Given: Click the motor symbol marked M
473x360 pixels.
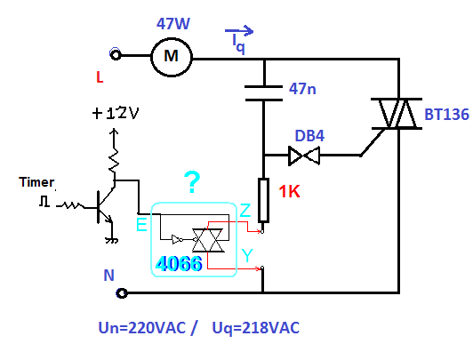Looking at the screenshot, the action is pos(172,57).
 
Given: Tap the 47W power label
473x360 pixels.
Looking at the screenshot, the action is pos(173,24).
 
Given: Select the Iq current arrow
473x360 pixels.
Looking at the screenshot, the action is pos(239,30).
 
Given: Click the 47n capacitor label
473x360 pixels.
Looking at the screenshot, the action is pos(302,89).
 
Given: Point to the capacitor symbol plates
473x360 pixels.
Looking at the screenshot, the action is pos(264,93).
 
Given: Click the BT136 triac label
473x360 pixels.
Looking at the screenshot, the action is pos(446,115).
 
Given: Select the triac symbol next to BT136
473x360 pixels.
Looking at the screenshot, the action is pos(397,114).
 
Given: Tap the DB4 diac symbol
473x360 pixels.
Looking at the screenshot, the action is pos(304,156).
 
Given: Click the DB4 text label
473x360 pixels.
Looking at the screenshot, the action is pos(309,136).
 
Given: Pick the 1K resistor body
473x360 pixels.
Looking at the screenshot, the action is pos(263,200).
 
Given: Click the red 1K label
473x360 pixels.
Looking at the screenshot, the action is pos(289,191).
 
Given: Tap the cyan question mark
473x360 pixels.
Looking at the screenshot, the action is pos(192,182).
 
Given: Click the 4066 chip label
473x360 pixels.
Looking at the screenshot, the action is pos(179,264).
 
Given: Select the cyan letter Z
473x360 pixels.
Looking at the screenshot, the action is pos(245,210).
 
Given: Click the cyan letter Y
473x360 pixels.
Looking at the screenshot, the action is pos(247,256).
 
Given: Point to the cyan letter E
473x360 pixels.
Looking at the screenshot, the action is pos(141,224).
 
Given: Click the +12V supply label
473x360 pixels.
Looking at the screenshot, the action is pos(116,114).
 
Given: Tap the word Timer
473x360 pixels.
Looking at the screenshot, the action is pos(36,182).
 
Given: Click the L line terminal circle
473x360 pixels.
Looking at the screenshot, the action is pos(116,55).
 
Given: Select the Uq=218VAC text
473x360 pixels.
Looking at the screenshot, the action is pos(256,328).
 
